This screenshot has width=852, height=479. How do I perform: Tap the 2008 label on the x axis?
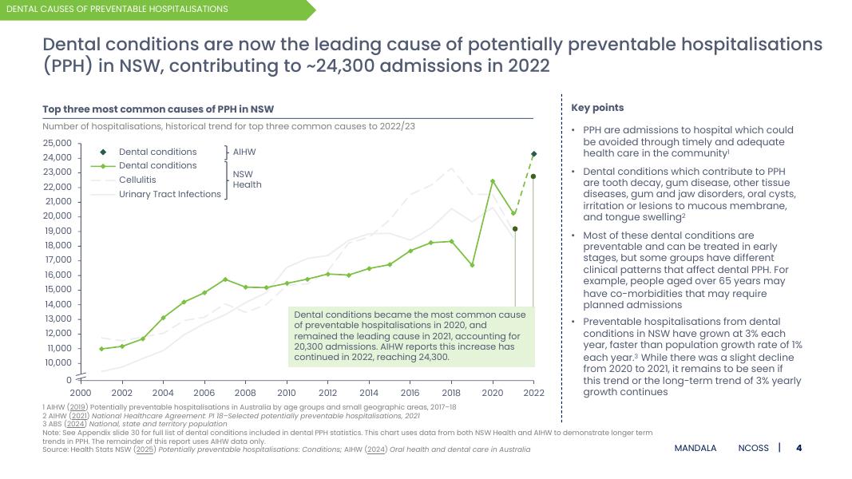245,393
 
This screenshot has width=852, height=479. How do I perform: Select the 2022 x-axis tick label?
533,393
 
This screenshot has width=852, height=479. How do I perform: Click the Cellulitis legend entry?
137,180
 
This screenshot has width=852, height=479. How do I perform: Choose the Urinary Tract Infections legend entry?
169,194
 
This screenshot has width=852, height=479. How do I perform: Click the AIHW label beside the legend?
244,152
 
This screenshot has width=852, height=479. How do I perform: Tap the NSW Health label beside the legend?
247,179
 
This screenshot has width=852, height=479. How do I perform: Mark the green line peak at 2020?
493,181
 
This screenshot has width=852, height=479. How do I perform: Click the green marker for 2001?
101,349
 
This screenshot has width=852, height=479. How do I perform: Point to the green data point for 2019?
472,265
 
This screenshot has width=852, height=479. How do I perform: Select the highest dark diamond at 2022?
533,154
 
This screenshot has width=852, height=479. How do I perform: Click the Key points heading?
597,108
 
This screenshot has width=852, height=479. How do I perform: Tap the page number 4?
799,448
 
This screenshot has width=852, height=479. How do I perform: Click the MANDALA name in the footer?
695,449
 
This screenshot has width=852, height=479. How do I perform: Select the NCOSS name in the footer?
754,449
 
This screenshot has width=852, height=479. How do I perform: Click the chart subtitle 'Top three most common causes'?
158,109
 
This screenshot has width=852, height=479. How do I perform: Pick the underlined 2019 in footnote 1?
77,407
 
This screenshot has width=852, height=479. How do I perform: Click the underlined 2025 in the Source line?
145,449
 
